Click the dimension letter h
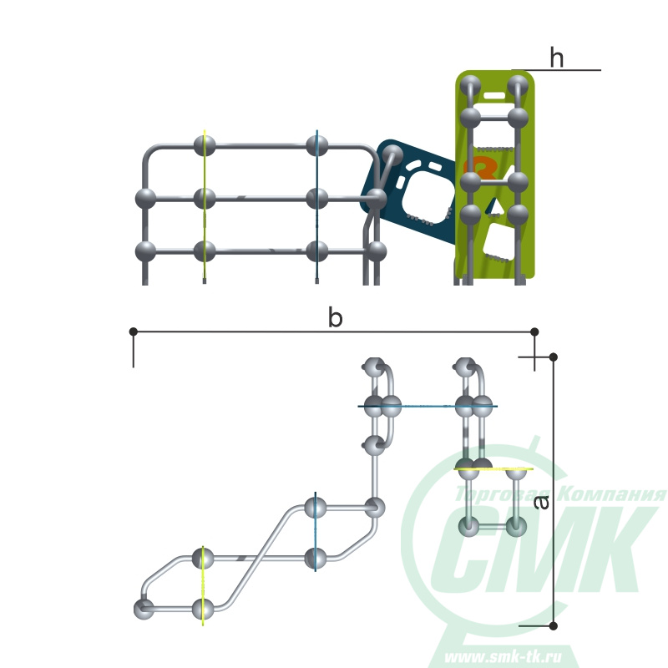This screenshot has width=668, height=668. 557,58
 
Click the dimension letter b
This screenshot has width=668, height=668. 336,318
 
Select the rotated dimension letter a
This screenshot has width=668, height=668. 541,503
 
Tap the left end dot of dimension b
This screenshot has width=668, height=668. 134,331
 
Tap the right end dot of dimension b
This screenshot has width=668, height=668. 534,331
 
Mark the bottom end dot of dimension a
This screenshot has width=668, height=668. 554,625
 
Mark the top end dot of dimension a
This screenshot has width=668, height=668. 554,357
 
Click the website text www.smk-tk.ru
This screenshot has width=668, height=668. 503,656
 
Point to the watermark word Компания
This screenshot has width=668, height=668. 612,493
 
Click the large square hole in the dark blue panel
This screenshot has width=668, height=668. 428,197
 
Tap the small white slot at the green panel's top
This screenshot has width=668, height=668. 494,95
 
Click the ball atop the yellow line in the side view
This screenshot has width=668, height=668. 205,145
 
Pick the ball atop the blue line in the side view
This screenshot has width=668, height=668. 317,145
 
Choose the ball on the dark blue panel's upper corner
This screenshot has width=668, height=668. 392,155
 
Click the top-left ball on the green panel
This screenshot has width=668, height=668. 470,86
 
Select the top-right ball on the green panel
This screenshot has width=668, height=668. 518,86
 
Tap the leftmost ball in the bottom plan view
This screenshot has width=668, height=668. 144,610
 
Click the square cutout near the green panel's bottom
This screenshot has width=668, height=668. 498,241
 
